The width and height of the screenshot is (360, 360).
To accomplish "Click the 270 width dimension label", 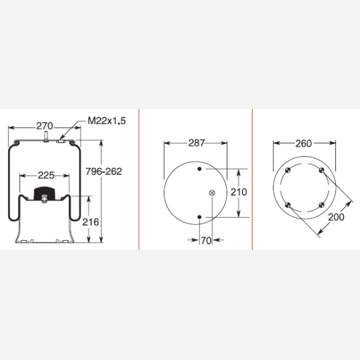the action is click(45, 126).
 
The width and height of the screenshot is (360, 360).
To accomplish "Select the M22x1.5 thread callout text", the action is click(107, 121).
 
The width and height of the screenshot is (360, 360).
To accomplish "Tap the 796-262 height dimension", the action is click(104, 171).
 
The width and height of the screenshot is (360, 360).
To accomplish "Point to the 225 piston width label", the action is click(46, 176).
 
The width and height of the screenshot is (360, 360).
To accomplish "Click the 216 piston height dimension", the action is click(91, 222).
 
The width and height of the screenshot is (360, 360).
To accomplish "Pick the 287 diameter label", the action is click(196, 143).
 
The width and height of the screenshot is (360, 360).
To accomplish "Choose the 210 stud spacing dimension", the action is click(239, 192).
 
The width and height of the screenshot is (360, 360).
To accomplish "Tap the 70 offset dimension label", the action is click(206, 241).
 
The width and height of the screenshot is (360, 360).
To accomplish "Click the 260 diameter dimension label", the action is click(304, 143).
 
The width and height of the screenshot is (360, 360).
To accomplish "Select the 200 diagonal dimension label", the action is click(336, 217).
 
